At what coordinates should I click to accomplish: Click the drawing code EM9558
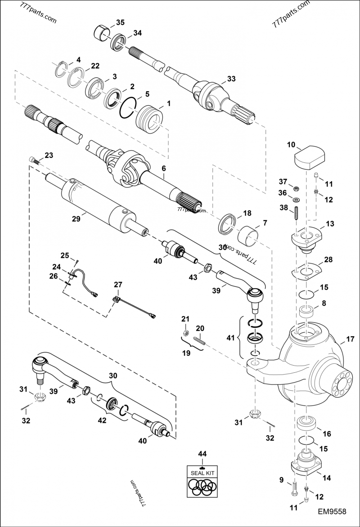tap(332, 511)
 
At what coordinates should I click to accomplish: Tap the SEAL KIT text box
tap(202, 473)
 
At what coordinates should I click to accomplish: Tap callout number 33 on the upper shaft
tap(231, 79)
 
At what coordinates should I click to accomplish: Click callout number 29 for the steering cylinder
tap(75, 219)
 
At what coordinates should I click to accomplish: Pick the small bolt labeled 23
tap(32, 159)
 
